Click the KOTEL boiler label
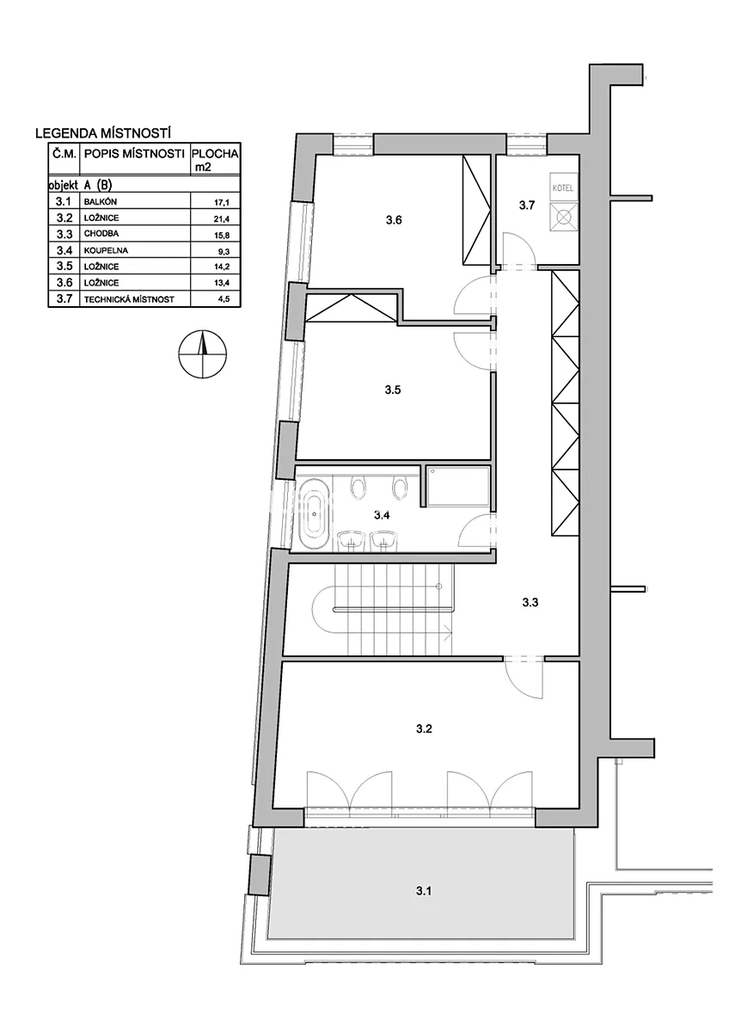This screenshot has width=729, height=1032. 562,188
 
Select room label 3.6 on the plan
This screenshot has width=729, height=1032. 394,220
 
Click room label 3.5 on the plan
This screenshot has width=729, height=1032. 393,390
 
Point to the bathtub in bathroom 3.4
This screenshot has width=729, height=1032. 314,514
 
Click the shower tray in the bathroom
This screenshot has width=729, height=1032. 458,486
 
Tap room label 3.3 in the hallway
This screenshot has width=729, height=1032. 530,602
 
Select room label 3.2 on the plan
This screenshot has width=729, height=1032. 424,729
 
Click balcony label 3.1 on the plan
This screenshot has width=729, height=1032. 423,891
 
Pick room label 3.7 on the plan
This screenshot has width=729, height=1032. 527,206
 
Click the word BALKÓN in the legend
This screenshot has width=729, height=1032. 101,202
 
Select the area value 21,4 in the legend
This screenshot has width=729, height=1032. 221,218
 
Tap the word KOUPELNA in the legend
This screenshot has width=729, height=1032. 106,250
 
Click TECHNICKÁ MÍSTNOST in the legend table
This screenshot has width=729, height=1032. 129,299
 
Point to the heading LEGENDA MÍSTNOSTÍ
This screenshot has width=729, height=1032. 103,133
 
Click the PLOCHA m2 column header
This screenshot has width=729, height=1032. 215,159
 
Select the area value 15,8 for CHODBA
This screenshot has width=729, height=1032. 221,235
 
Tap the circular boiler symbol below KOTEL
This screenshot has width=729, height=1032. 562,216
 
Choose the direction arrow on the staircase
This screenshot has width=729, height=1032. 446,634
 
